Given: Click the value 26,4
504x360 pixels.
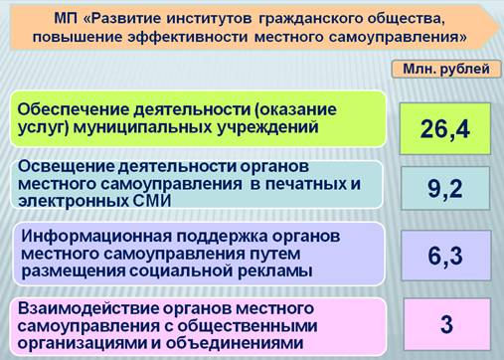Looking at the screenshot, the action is click(x=445, y=129).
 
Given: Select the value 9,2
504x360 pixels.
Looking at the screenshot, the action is click(x=444, y=189).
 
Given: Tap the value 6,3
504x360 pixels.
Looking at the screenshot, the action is click(x=445, y=256).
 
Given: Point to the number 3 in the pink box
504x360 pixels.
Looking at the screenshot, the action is click(x=446, y=324).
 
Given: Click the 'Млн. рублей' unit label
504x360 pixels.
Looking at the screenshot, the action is click(x=446, y=69).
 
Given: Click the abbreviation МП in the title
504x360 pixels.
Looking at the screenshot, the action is click(x=66, y=19).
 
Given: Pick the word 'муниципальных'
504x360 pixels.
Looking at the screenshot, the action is click(x=142, y=127).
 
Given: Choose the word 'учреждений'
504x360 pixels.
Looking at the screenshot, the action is click(x=267, y=127).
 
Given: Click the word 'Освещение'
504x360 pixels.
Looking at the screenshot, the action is click(x=66, y=166).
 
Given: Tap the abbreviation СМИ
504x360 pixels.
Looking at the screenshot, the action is click(x=153, y=201).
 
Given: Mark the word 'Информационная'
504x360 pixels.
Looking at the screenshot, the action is click(x=96, y=237).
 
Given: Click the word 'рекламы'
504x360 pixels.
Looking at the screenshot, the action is click(x=275, y=271).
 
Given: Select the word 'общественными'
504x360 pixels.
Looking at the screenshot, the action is click(x=248, y=326).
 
